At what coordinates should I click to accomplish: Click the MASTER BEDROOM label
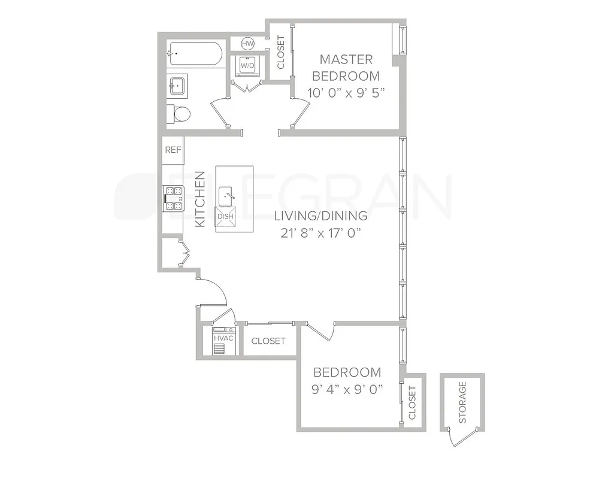click(x=346, y=68)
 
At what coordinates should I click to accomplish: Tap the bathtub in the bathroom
click(x=195, y=54)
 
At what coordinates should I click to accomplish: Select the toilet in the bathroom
click(x=180, y=113)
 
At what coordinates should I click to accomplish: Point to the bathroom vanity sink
click(x=177, y=86)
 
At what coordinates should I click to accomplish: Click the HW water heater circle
click(x=248, y=44)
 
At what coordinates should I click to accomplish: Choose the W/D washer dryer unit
click(x=248, y=65)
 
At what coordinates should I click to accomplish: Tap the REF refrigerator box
click(x=173, y=150)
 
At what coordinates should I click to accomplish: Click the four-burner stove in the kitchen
click(x=174, y=199)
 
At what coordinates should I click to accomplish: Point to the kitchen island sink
click(x=226, y=194)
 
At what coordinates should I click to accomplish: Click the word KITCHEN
click(x=201, y=199)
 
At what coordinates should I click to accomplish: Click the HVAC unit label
click(x=223, y=338)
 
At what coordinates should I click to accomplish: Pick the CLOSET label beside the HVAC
click(x=268, y=341)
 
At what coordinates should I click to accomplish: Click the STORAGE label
click(x=462, y=402)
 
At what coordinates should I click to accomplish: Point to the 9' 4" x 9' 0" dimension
click(x=347, y=389)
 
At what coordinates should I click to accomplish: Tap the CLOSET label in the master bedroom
click(x=281, y=52)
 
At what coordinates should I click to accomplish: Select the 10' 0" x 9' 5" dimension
click(x=346, y=93)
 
